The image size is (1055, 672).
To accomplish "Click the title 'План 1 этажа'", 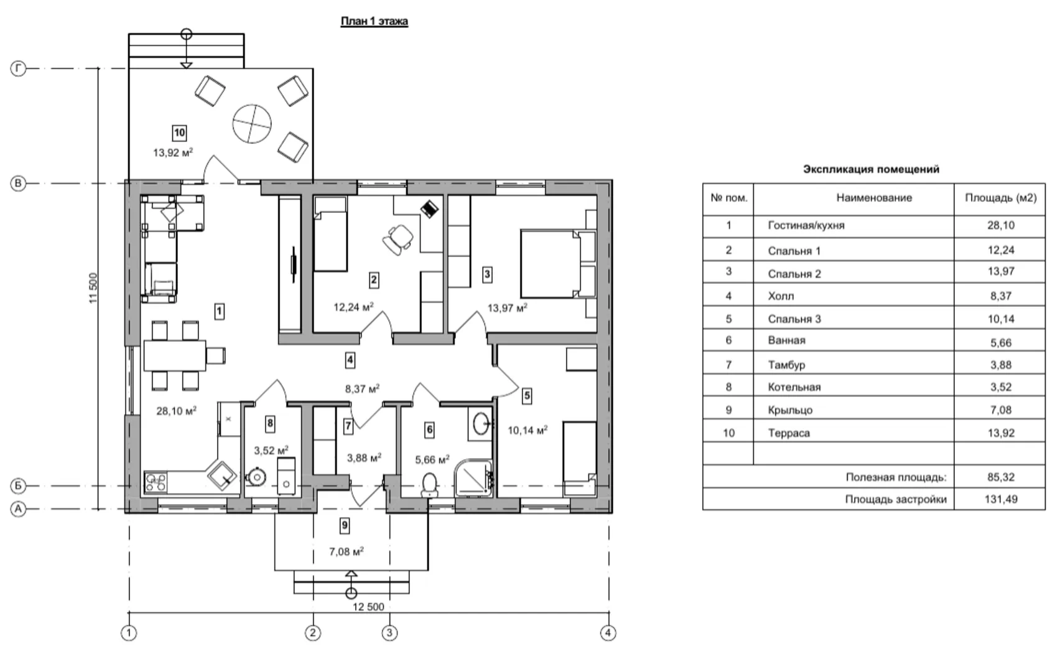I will click(374, 22).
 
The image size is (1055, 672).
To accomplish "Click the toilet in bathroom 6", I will click(429, 484).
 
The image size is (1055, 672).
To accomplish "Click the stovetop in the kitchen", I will click(156, 481).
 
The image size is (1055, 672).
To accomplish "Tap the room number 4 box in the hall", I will click(350, 360).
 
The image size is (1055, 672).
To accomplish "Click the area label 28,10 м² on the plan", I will click(177, 411).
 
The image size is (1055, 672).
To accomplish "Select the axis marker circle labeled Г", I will click(18, 68).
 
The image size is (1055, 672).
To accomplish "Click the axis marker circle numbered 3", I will click(389, 633).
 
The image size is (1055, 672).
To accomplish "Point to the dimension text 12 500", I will click(368, 607).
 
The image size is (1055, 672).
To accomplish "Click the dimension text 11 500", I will click(94, 288).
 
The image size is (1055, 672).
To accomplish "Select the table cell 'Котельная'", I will click(794, 387).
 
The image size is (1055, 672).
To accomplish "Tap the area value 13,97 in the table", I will click(1000, 271).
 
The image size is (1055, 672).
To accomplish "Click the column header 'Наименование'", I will click(873, 198).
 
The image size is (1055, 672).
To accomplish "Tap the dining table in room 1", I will click(175, 355).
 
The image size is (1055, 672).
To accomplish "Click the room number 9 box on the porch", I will click(345, 526).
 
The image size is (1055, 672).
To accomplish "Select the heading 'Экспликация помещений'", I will click(871, 169).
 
